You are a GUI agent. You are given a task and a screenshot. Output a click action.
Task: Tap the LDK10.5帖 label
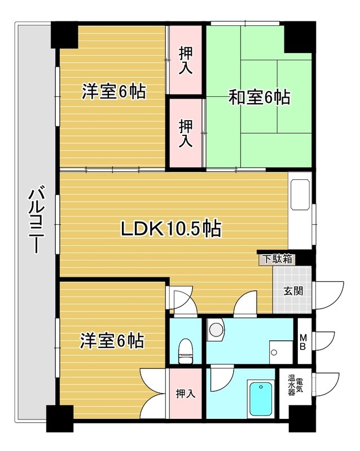(171, 229)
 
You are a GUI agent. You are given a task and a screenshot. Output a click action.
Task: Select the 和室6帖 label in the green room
(260, 97)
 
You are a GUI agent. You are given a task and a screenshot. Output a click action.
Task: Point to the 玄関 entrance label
(293, 291)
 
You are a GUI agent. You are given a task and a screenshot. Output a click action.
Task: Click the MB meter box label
(302, 342)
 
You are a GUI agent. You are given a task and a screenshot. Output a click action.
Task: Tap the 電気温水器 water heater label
(296, 385)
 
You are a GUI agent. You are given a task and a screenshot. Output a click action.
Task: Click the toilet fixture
(186, 351)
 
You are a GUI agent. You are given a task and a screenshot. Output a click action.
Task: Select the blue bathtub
(261, 399)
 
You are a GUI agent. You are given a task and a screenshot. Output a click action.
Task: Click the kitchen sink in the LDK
(300, 194)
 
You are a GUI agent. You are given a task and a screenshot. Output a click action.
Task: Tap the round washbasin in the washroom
(216, 329)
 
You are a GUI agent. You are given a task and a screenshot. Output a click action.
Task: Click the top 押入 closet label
(186, 60)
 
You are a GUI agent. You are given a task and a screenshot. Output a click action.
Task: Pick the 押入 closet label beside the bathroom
(186, 393)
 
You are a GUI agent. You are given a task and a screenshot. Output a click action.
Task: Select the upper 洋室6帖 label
(114, 91)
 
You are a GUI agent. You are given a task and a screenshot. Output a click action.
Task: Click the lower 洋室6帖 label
(112, 341)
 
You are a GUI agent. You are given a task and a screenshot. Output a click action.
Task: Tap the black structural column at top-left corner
(64, 35)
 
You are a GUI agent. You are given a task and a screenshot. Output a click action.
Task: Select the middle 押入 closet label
(186, 134)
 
